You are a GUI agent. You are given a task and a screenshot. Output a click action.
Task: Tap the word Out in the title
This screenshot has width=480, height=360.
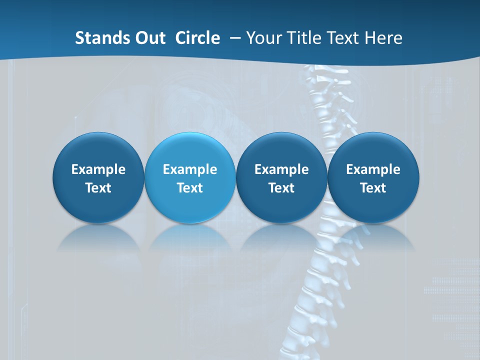[149, 38]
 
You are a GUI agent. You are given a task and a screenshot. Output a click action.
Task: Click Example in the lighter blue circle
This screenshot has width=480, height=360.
[190, 169]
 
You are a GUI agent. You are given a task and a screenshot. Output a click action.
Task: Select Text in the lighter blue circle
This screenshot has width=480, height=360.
[190, 188]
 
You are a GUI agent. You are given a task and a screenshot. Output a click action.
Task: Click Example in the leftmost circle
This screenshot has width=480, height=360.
[98, 169]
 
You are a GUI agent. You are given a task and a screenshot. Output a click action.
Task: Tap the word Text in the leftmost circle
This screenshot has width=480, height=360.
[98, 188]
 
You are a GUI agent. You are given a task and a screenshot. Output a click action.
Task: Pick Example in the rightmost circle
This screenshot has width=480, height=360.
[373, 169]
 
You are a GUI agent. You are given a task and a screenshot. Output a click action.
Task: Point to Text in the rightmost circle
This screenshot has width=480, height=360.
[373, 188]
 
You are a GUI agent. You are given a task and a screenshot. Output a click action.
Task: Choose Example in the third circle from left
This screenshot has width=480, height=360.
[281, 169]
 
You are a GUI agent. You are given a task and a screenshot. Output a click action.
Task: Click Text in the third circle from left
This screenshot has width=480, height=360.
[281, 188]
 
